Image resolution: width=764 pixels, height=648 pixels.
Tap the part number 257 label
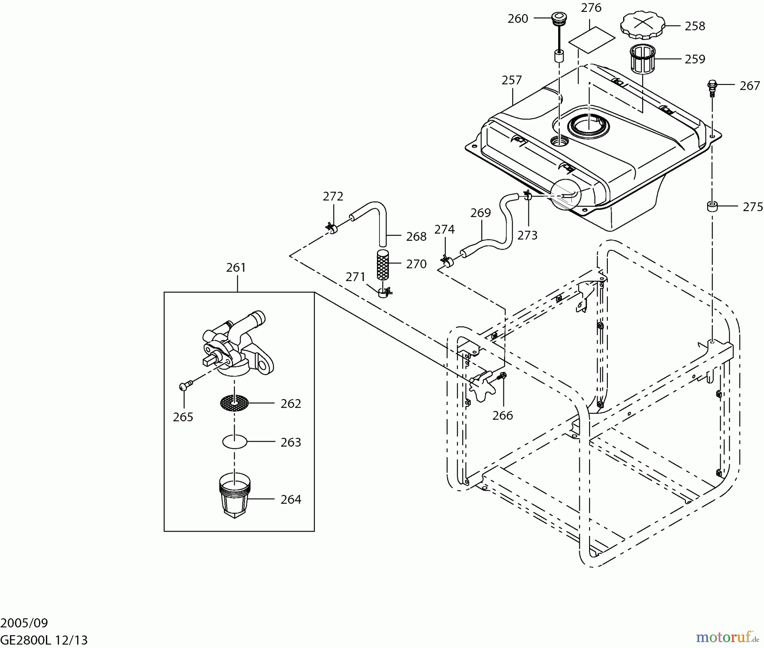pyautogui.click(x=511, y=80)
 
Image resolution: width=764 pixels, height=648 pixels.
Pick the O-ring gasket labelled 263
pyautogui.click(x=235, y=442)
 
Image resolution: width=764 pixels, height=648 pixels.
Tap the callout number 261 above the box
pyautogui.click(x=236, y=268)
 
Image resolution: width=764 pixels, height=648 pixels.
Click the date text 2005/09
pyautogui.click(x=24, y=623)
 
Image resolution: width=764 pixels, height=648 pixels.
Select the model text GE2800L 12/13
pyautogui.click(x=44, y=640)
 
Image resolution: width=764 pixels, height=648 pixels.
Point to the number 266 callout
pyautogui.click(x=503, y=415)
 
